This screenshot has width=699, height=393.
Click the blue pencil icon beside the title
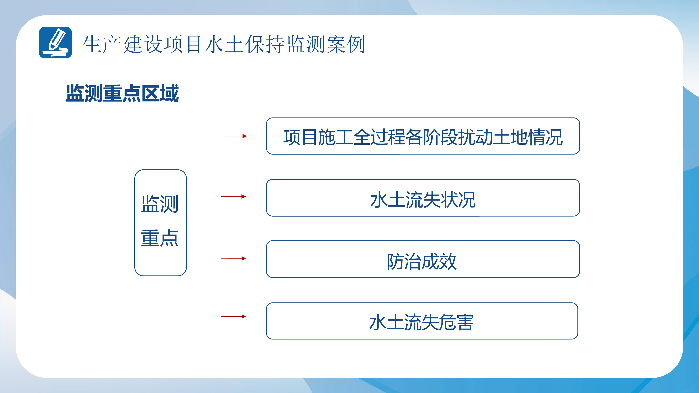point(55,43)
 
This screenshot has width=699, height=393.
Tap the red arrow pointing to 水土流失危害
point(234,316)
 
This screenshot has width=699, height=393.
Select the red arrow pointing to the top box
point(234,136)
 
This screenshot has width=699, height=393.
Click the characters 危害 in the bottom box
point(456,322)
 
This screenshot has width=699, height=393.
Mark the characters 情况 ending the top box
point(545,137)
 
